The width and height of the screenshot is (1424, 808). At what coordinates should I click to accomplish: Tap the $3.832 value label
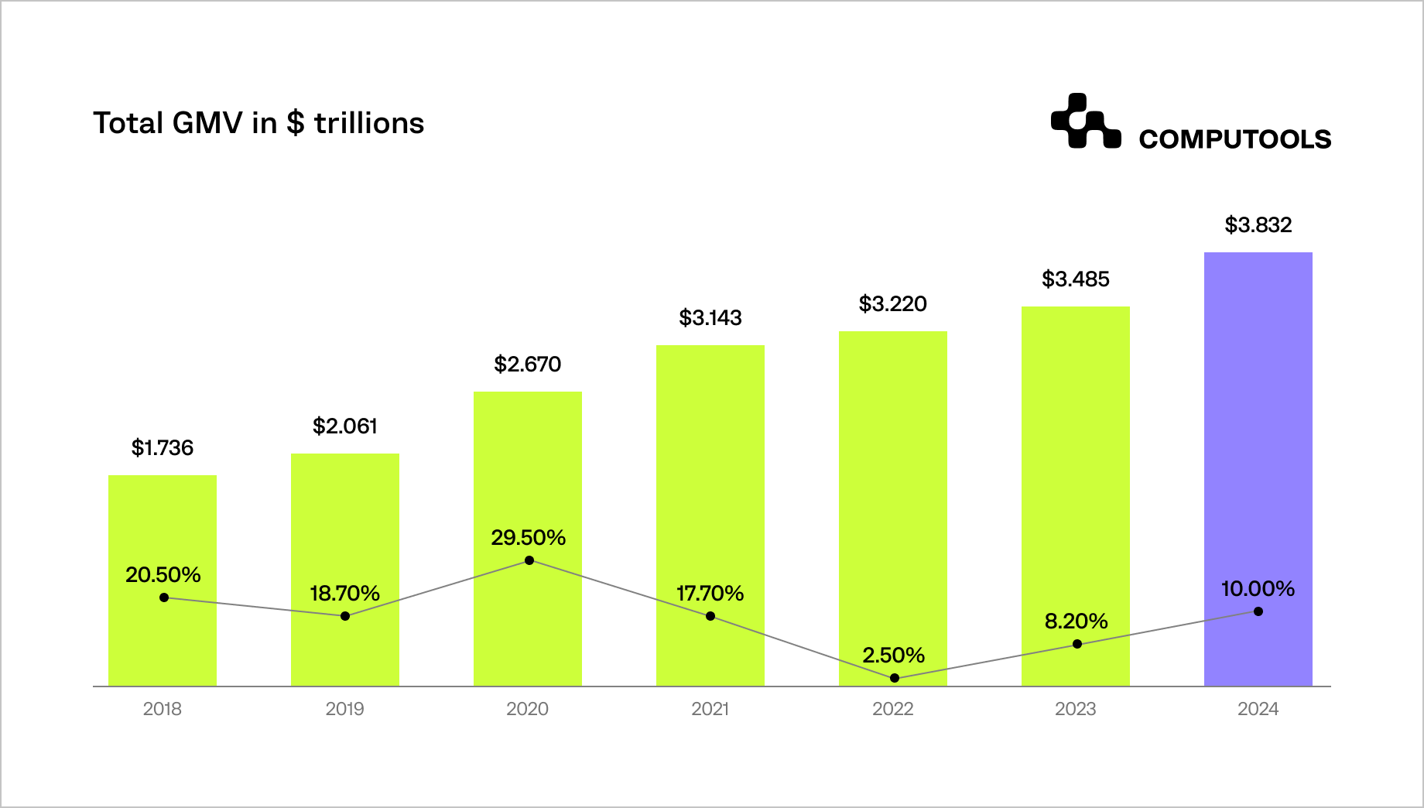click(1258, 225)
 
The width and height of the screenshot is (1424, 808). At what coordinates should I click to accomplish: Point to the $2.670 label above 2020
click(527, 365)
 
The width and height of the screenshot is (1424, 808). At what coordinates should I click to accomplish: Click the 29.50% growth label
click(528, 538)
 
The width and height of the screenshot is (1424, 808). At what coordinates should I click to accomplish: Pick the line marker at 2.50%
click(895, 678)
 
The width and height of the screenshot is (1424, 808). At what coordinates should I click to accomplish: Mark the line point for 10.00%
click(1258, 611)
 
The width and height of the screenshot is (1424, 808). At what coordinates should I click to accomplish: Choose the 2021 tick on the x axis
click(710, 709)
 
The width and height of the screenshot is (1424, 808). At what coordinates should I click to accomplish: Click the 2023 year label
click(1075, 709)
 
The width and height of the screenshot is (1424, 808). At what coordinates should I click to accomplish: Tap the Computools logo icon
click(1085, 122)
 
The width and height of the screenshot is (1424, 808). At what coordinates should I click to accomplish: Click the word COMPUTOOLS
click(1234, 139)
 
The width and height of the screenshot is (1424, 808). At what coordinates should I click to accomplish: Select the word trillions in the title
click(369, 124)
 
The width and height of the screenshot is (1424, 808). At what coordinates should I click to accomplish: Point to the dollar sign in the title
click(295, 124)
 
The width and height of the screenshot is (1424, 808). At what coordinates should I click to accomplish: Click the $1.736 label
click(163, 448)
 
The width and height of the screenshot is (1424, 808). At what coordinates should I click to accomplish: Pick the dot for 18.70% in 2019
click(345, 616)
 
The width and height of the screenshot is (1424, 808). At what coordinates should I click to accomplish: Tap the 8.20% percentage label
click(1076, 621)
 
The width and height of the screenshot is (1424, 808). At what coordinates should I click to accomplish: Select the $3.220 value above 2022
click(892, 304)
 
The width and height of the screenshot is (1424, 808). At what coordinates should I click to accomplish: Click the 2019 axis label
click(344, 709)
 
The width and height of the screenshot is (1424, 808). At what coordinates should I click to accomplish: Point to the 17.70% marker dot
click(710, 616)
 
